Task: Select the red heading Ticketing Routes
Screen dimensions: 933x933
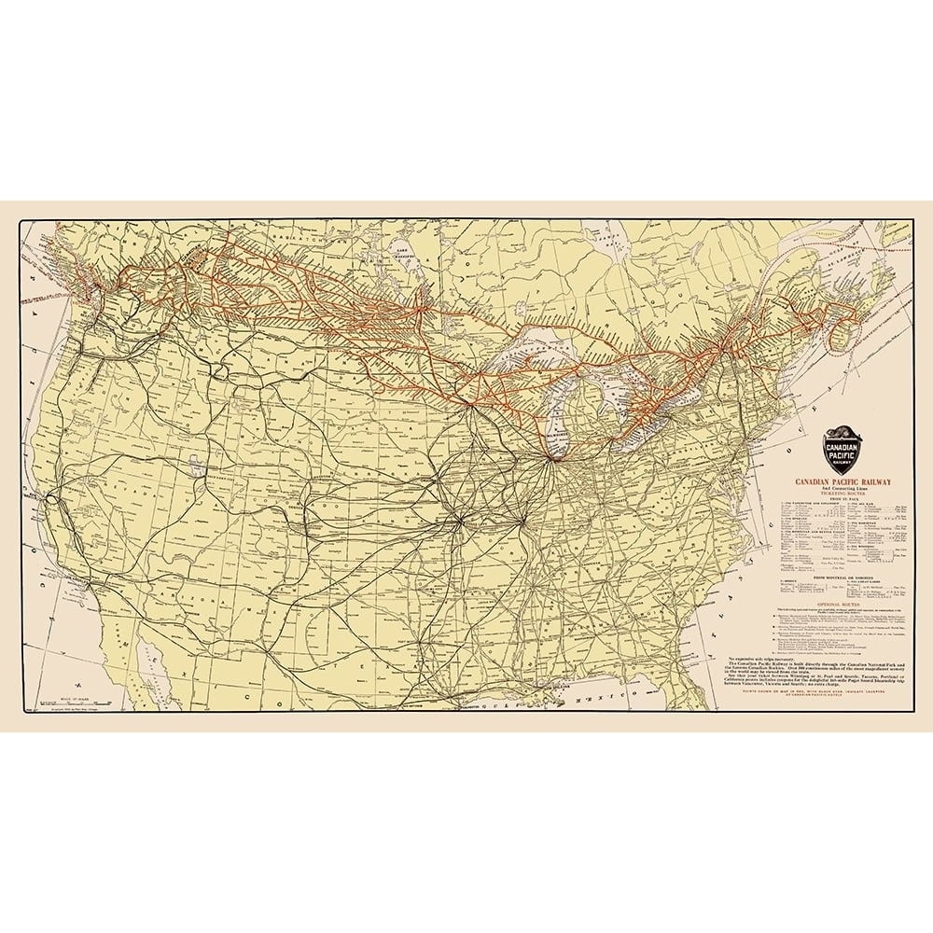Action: pos(842,495)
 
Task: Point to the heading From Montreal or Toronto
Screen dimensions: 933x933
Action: pos(842,578)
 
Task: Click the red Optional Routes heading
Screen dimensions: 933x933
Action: pos(842,604)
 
